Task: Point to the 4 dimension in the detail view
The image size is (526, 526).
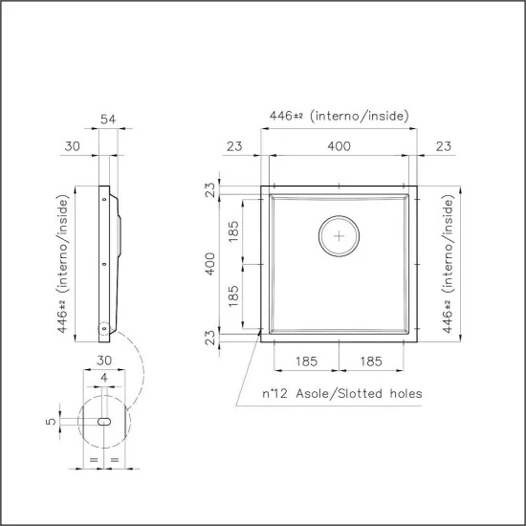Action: click(103, 378)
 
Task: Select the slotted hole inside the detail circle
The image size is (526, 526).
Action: click(103, 421)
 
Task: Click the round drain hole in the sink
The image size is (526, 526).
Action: click(338, 234)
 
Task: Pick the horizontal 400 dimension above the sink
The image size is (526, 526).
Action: click(339, 145)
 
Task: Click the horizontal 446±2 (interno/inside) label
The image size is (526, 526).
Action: click(339, 116)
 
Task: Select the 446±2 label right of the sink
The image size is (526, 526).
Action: click(447, 263)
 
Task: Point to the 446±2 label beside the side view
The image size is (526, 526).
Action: click(64, 263)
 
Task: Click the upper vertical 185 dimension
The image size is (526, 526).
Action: click(233, 230)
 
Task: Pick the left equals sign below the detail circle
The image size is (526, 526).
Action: click(93, 462)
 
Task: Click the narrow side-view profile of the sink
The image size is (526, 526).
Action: click(107, 263)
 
